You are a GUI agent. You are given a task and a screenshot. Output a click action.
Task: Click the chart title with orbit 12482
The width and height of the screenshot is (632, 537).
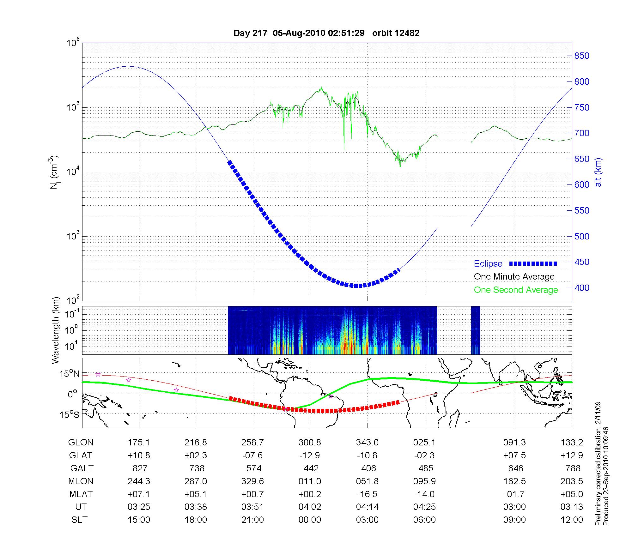point(326,33)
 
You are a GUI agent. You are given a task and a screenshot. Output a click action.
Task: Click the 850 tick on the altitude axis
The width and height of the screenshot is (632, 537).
point(581,56)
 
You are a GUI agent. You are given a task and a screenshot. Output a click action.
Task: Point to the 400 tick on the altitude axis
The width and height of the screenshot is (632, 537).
point(581,288)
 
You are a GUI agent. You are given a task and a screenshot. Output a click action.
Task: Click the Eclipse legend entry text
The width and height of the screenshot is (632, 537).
point(488,264)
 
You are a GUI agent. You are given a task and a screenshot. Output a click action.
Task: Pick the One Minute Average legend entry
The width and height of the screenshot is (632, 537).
point(514,277)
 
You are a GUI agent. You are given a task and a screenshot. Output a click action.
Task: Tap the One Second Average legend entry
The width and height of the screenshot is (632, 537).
point(516,290)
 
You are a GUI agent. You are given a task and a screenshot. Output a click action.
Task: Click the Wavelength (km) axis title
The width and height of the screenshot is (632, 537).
point(56,330)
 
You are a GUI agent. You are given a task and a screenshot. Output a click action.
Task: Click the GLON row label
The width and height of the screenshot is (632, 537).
point(81,443)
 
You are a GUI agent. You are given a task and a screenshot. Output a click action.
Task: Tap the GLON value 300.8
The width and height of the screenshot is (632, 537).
point(310,443)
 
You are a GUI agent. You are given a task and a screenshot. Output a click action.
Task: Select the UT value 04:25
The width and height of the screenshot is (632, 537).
point(424,507)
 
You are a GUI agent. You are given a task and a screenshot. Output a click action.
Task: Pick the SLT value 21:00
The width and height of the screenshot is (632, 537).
point(252,520)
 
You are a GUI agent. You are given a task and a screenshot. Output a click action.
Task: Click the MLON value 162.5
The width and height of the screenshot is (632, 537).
point(514,481)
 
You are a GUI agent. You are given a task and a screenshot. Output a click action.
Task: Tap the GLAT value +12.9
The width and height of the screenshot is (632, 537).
point(572,455)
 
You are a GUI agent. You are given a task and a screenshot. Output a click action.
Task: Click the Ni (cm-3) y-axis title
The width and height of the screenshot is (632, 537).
point(54,172)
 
